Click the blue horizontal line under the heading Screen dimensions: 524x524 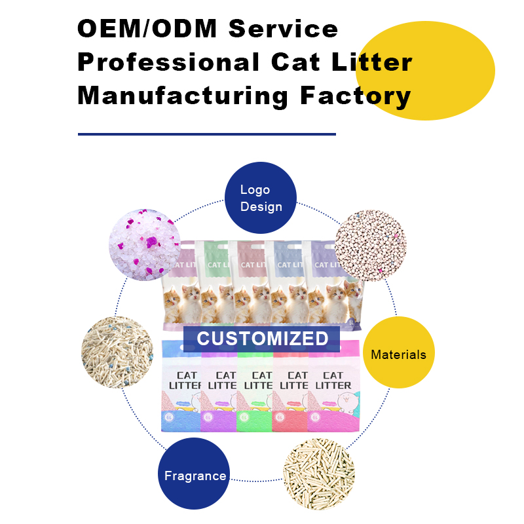pyautogui.click(x=206, y=134)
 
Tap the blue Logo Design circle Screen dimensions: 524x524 pyautogui.click(x=261, y=198)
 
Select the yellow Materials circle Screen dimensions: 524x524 pyautogui.click(x=398, y=354)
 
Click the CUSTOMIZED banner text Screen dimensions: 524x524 pyautogui.click(x=262, y=339)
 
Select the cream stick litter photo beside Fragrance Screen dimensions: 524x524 pyautogui.click(x=319, y=474)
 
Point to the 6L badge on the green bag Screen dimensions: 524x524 pyautogui.click(x=244, y=417)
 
